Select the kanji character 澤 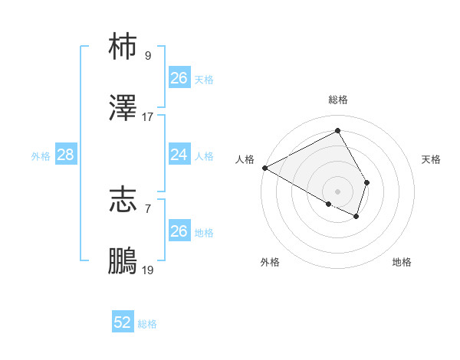pos(123,109)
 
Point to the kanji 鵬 pos(123,261)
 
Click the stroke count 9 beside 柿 pos(147,55)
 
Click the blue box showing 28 pos(65,155)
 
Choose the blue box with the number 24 pos(179,155)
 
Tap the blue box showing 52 pos(123,322)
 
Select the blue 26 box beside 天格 pos(179,78)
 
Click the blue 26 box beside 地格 pos(179,231)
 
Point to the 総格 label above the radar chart pos(338,100)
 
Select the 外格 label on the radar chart pos(269,262)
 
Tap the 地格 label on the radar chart pos(402,262)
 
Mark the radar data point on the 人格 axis pos(264,167)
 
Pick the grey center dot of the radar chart pos(338,191)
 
